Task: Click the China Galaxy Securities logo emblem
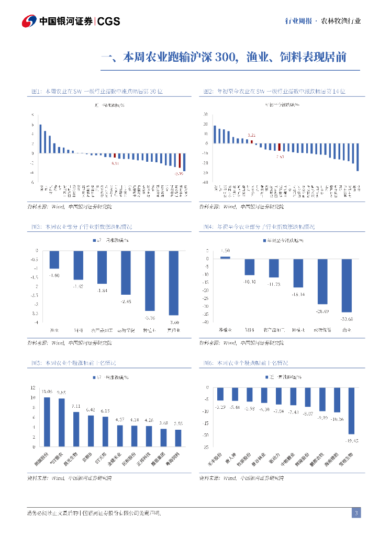[29, 21]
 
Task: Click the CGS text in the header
[109, 21]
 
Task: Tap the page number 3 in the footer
[356, 513]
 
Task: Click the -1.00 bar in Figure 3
[54, 260]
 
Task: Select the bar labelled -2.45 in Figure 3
[126, 272]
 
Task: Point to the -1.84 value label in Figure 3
[102, 291]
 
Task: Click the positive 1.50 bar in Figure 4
[225, 257]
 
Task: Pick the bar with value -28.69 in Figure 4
[322, 281]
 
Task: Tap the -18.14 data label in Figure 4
[298, 295]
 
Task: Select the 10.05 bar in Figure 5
[47, 422]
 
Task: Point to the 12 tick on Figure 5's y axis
[33, 388]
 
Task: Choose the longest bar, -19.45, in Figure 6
[351, 410]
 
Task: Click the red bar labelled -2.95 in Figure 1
[180, 161]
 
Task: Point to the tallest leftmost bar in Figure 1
[40, 139]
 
